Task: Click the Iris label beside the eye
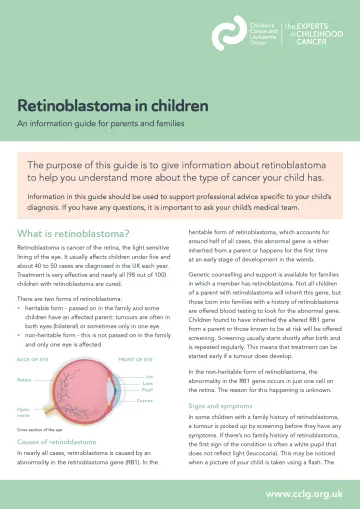click(x=150, y=348)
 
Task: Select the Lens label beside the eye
click(x=150, y=355)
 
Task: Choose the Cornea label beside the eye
click(x=146, y=373)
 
